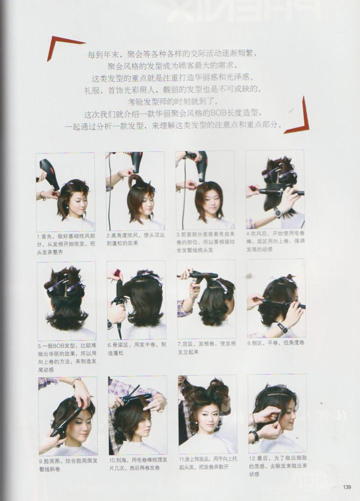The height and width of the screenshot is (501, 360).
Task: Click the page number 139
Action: pyautogui.click(x=347, y=487)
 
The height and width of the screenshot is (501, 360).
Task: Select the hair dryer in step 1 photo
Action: pyautogui.click(x=49, y=174)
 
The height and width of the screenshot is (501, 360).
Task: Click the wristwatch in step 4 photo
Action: pyautogui.click(x=277, y=212)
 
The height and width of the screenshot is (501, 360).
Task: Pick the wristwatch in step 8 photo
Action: pyautogui.click(x=282, y=328)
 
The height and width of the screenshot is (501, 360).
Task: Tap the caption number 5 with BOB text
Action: pyautogui.click(x=67, y=357)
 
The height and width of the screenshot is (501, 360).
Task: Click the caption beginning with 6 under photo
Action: pyautogui.click(x=137, y=348)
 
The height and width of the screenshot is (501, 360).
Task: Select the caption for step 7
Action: pyautogui.click(x=207, y=348)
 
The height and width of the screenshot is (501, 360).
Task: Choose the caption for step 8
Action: pyautogui.click(x=276, y=343)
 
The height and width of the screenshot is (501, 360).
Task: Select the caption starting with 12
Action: pyautogui.click(x=278, y=466)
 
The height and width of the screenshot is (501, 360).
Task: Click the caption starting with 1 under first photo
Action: pyautogui.click(x=66, y=244)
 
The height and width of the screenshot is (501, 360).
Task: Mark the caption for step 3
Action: pyautogui.click(x=205, y=242)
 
